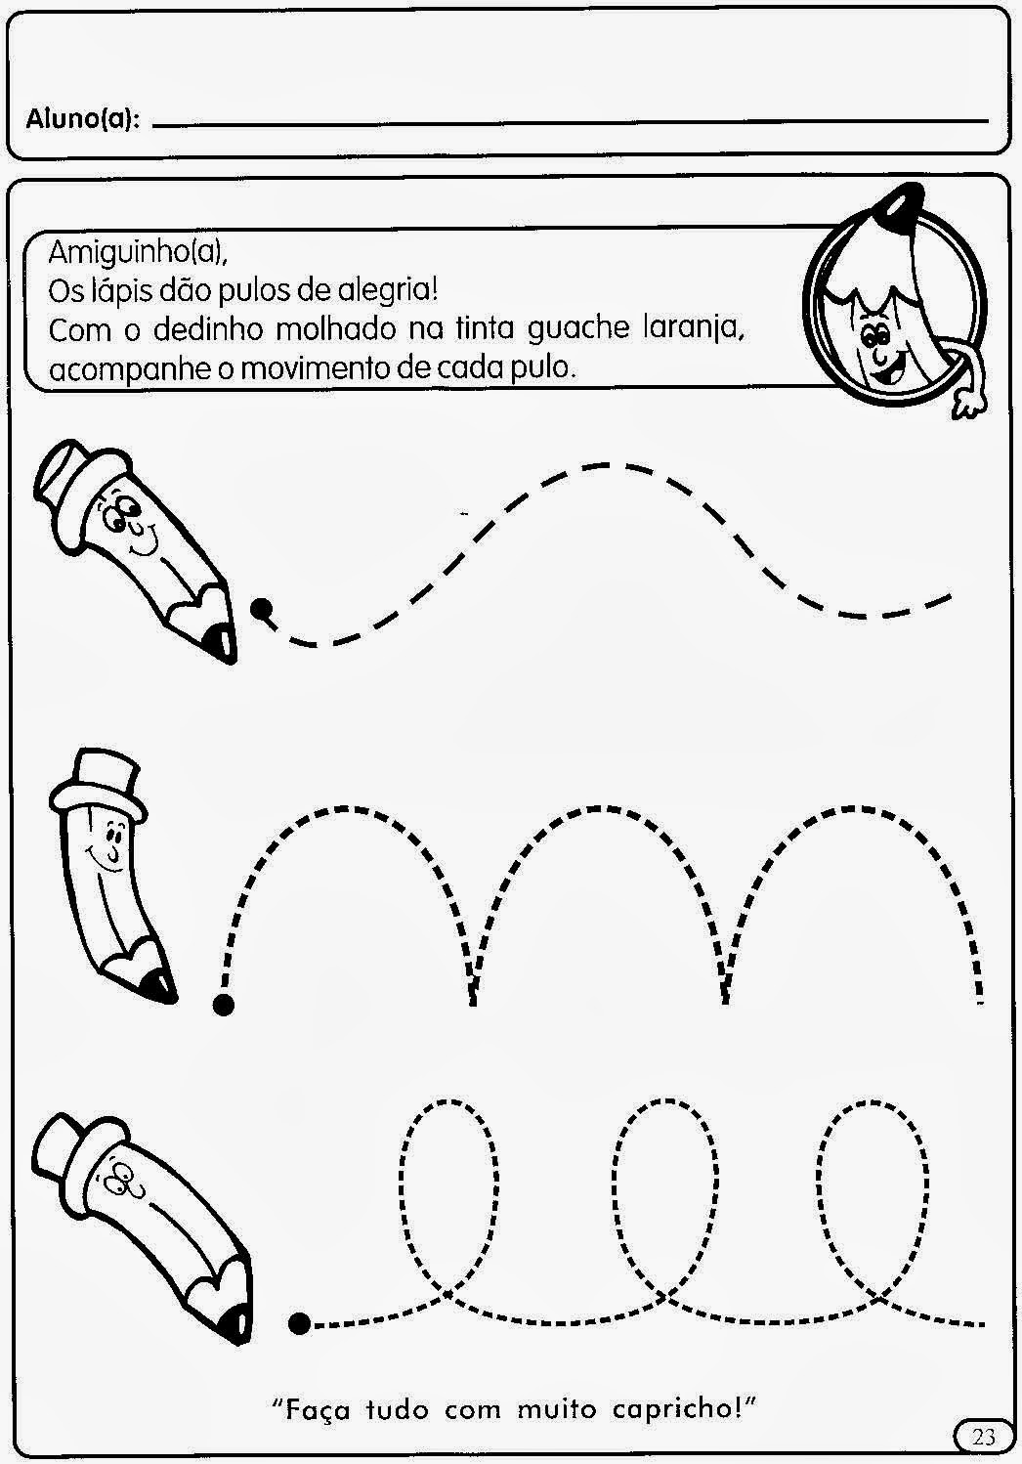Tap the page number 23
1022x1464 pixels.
(x=984, y=1436)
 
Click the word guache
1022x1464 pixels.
(x=577, y=329)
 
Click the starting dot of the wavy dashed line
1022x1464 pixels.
(x=262, y=608)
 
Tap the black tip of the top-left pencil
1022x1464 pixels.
(x=220, y=644)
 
